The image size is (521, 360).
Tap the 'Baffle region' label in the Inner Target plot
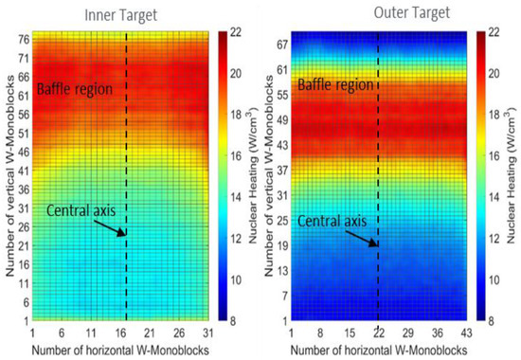(77, 90)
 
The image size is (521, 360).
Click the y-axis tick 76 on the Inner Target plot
(22, 40)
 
